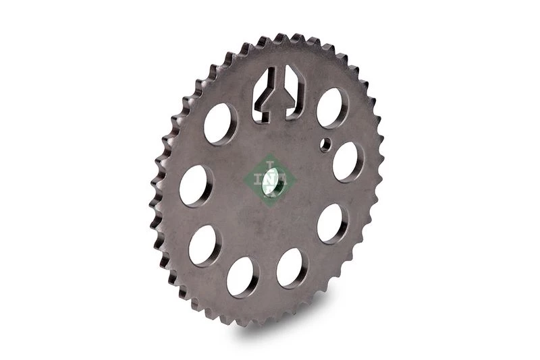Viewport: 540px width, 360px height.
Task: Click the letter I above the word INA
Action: (x=271, y=164)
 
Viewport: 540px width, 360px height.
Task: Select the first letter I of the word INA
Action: (x=257, y=179)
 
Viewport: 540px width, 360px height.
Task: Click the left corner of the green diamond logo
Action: (x=243, y=179)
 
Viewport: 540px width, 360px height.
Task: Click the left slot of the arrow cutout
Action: (x=263, y=93)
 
